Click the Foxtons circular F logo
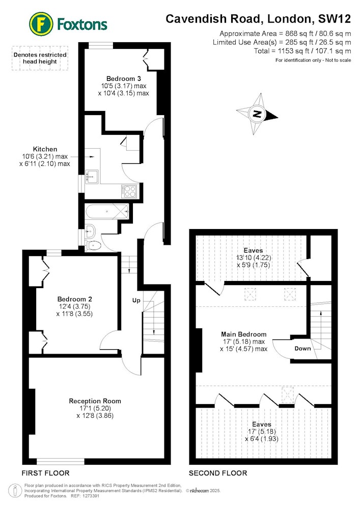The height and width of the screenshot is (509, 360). pyautogui.click(x=41, y=24)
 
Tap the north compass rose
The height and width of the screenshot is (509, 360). pyautogui.click(x=257, y=114)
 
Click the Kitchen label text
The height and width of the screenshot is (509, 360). pyautogui.click(x=45, y=149)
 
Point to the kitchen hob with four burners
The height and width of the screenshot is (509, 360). pyautogui.click(x=129, y=191)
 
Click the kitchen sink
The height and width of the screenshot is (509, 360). pyautogui.click(x=92, y=177)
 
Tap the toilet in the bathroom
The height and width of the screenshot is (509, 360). pyautogui.click(x=92, y=245)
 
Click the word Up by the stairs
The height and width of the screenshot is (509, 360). pyautogui.click(x=136, y=301)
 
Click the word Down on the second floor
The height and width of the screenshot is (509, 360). pyautogui.click(x=302, y=349)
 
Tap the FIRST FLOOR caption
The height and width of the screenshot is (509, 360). pyautogui.click(x=45, y=473)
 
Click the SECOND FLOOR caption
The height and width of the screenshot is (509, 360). pyautogui.click(x=218, y=473)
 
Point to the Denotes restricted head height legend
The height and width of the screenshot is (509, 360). pyautogui.click(x=40, y=58)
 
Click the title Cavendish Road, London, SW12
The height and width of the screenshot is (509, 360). pyautogui.click(x=258, y=19)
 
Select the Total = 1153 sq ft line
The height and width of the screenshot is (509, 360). pyautogui.click(x=302, y=51)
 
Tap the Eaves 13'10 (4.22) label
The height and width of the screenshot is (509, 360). pyautogui.click(x=254, y=258)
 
